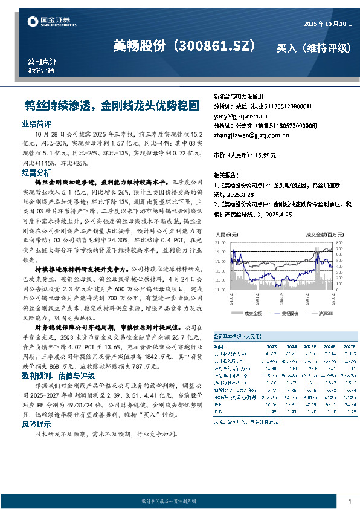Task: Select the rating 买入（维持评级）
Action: [313, 47]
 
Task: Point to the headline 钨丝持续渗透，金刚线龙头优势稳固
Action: [116, 105]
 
